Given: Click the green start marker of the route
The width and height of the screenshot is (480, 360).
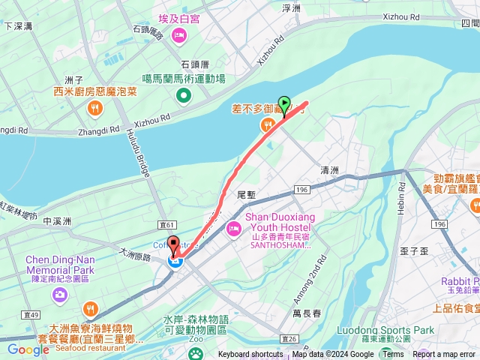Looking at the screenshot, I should pyautogui.click(x=284, y=104).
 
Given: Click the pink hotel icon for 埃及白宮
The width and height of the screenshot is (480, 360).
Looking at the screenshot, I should pyautogui.click(x=178, y=35).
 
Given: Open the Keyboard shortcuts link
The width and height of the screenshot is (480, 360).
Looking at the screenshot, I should pyautogui.click(x=250, y=355).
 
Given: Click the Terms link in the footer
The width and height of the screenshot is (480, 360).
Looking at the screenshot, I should pyautogui.click(x=392, y=355).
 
